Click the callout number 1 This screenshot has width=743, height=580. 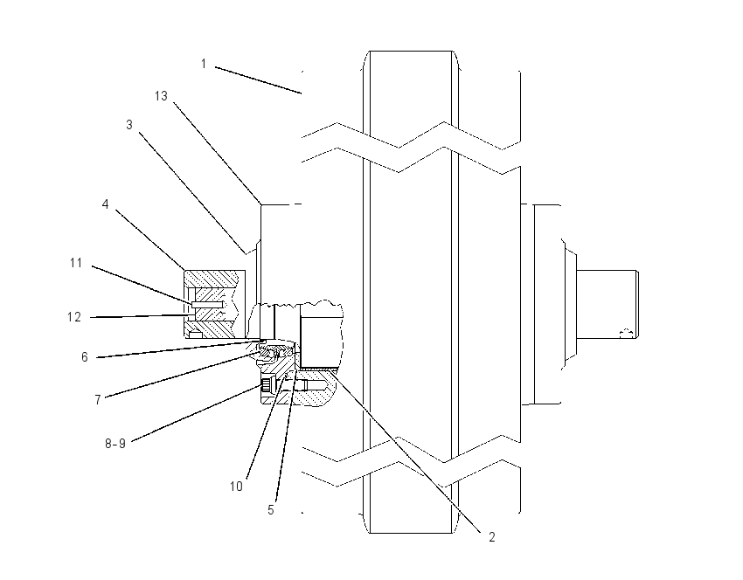point(204,64)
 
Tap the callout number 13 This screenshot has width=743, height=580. point(161,96)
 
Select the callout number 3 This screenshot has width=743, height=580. point(128,125)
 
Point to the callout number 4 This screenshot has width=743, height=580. point(105,204)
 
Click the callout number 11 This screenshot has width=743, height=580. point(76,263)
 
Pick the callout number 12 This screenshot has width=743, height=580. point(74,317)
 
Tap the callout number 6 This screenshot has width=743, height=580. point(84,357)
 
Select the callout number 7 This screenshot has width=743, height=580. point(98,400)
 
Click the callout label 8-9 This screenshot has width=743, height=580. point(115,444)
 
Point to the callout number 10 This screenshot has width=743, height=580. point(236,487)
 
